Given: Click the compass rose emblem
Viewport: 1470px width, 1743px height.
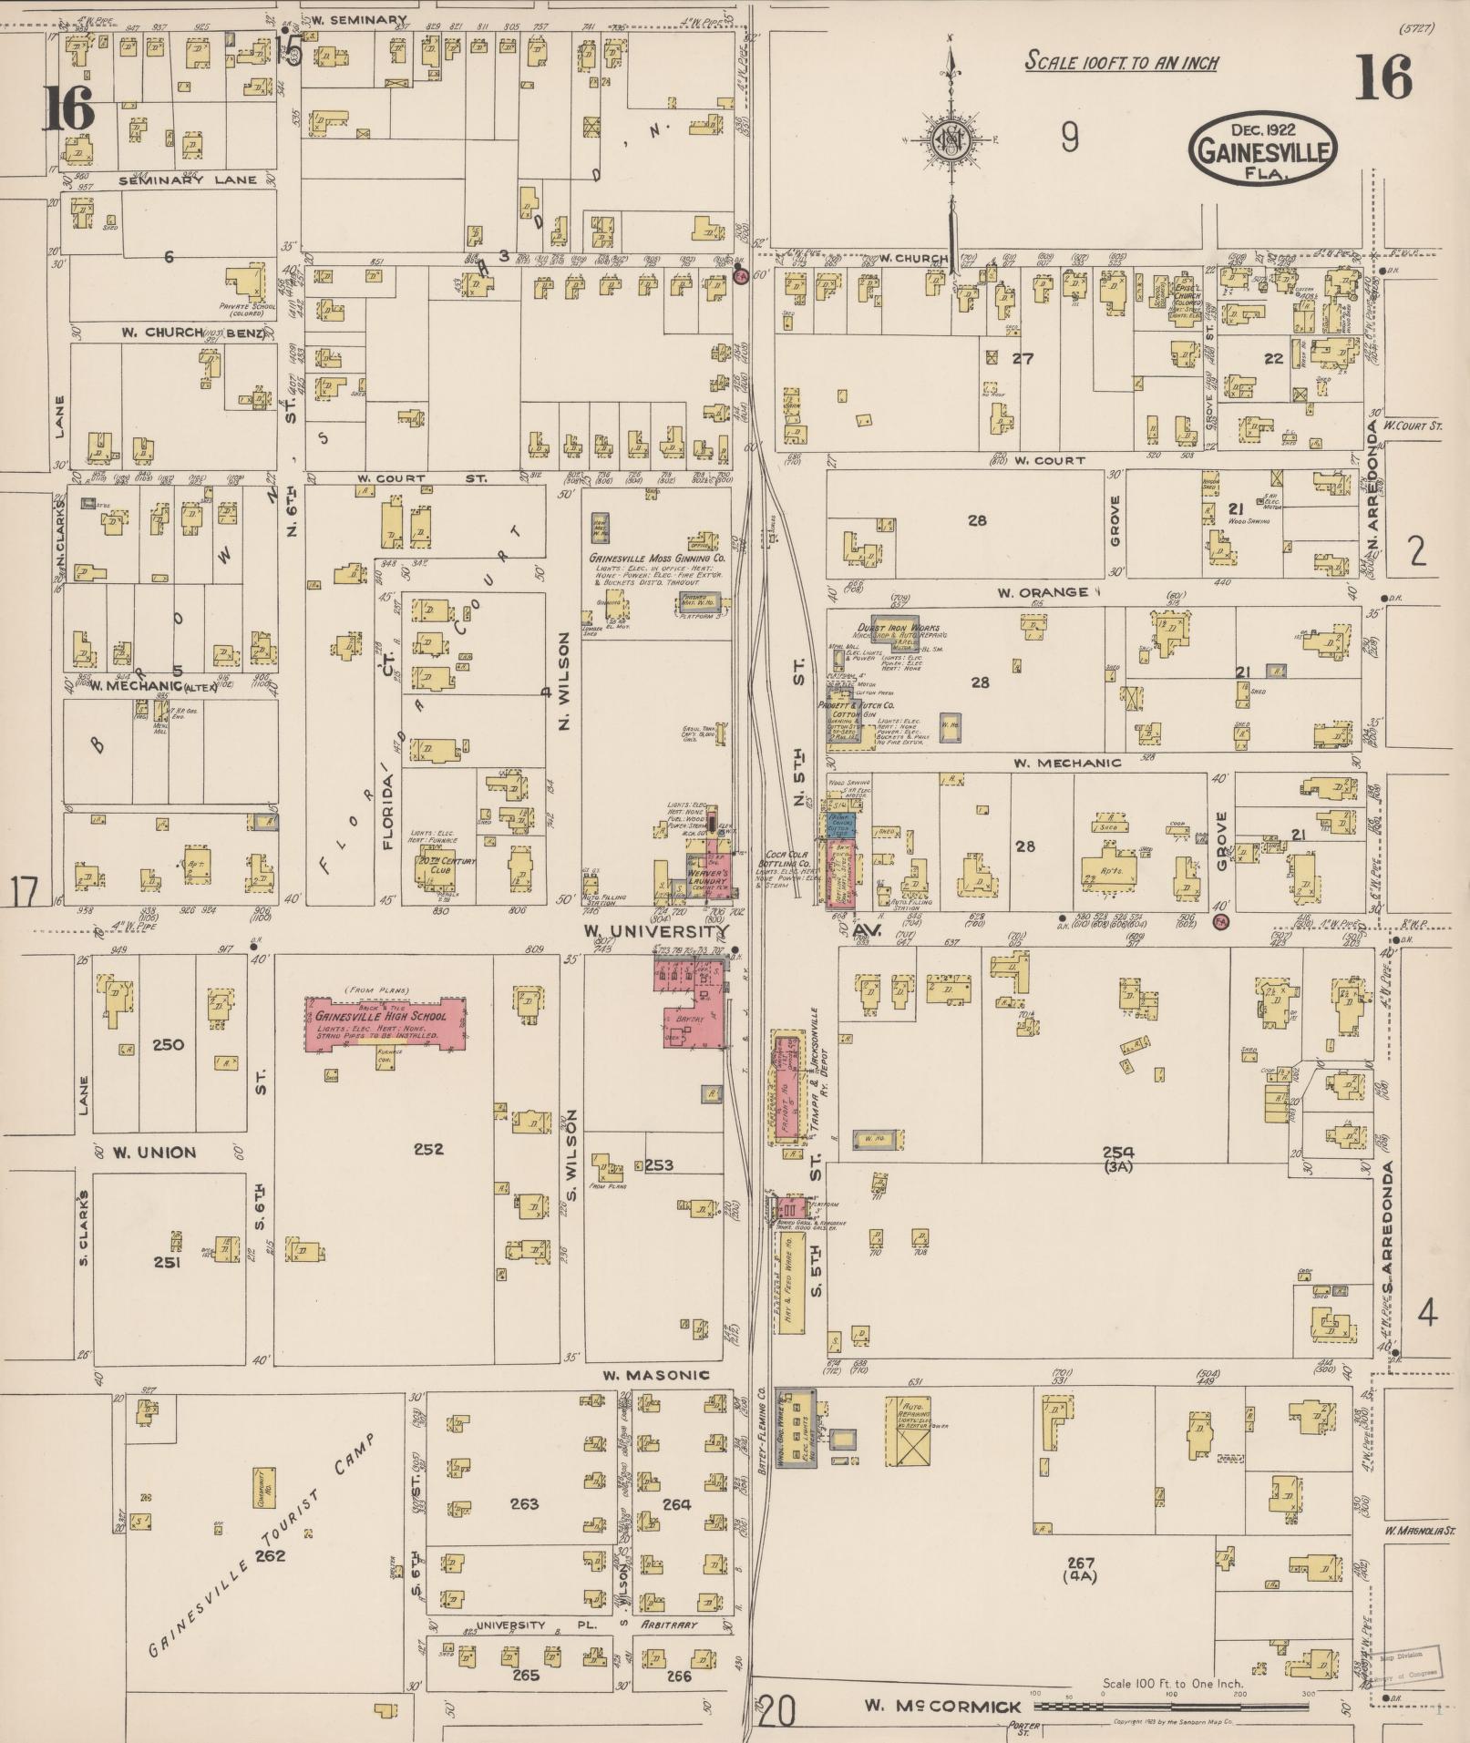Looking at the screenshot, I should pyautogui.click(x=950, y=140).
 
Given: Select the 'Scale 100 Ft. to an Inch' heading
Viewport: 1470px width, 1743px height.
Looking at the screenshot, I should pyautogui.click(x=1121, y=62).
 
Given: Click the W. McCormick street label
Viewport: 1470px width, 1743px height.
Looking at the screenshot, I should pyautogui.click(x=941, y=1705).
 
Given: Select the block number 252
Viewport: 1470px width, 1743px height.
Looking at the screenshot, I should pyautogui.click(x=428, y=1149).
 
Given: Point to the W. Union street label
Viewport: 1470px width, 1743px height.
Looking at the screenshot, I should pyautogui.click(x=154, y=1153).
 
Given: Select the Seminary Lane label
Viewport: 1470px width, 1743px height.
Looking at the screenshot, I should pyautogui.click(x=188, y=180).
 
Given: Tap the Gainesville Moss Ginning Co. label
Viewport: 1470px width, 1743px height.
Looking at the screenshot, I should pyautogui.click(x=656, y=558).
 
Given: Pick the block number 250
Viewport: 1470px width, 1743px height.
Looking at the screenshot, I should pyautogui.click(x=169, y=1044).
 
